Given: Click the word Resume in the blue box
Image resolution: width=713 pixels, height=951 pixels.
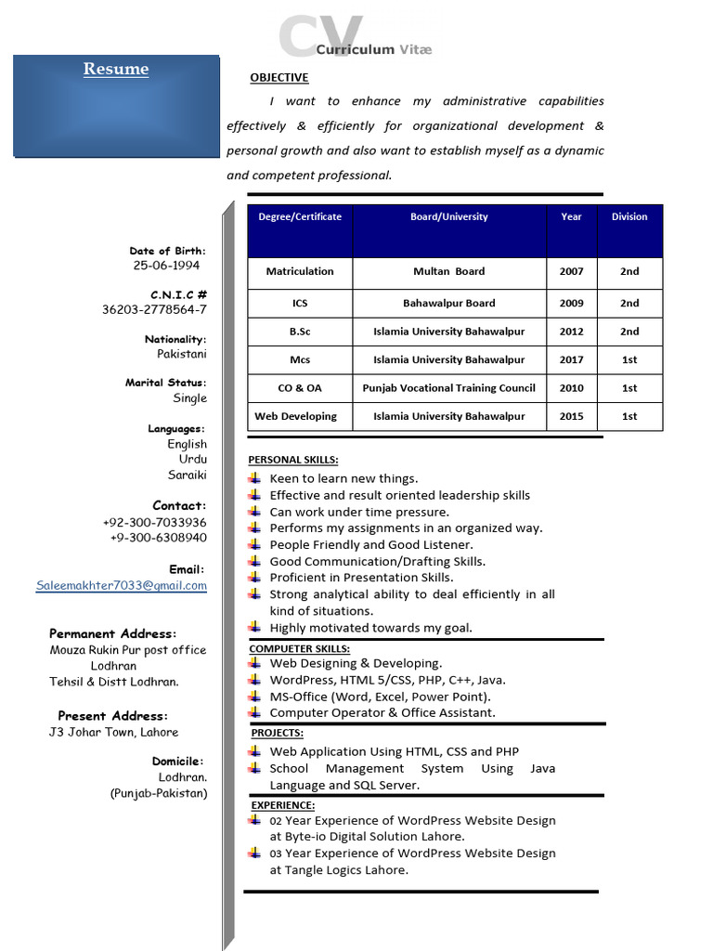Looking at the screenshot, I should [x=116, y=70].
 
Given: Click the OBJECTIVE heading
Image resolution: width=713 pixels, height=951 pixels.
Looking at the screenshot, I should [x=279, y=78].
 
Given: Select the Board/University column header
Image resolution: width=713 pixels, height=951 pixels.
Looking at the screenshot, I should [x=448, y=216].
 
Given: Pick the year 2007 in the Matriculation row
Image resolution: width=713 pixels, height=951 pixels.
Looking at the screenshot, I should [x=571, y=271].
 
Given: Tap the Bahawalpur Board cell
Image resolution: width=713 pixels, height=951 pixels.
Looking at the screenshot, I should [x=448, y=303].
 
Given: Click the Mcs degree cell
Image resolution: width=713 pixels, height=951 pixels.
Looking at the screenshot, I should [x=300, y=359].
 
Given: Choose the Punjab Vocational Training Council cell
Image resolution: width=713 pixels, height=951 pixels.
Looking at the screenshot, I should [x=448, y=388].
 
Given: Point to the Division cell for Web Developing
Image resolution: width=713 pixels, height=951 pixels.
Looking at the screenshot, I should [x=629, y=416].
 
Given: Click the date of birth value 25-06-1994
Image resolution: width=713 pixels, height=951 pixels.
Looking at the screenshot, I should [x=166, y=266].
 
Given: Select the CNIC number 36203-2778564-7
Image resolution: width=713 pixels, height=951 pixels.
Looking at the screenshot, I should [x=154, y=310].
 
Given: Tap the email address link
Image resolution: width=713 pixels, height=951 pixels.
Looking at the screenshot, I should [x=122, y=586].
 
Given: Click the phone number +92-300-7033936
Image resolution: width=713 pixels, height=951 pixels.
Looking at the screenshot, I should [x=154, y=523].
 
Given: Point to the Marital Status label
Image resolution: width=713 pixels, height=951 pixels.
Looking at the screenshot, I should [x=166, y=383].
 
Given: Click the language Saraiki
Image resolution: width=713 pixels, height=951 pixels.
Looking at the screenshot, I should [x=187, y=475].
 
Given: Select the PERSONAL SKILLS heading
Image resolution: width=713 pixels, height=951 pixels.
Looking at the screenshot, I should [x=293, y=460].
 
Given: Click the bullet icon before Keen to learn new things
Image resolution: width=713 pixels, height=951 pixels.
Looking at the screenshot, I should [x=254, y=478].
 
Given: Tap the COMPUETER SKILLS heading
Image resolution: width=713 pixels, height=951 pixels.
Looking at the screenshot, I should [x=299, y=648].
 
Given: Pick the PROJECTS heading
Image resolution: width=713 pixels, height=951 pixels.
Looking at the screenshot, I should [x=277, y=734].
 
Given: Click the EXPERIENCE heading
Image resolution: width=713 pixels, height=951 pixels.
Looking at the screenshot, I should [x=283, y=805].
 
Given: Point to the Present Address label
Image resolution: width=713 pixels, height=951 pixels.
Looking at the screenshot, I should [x=112, y=716].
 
